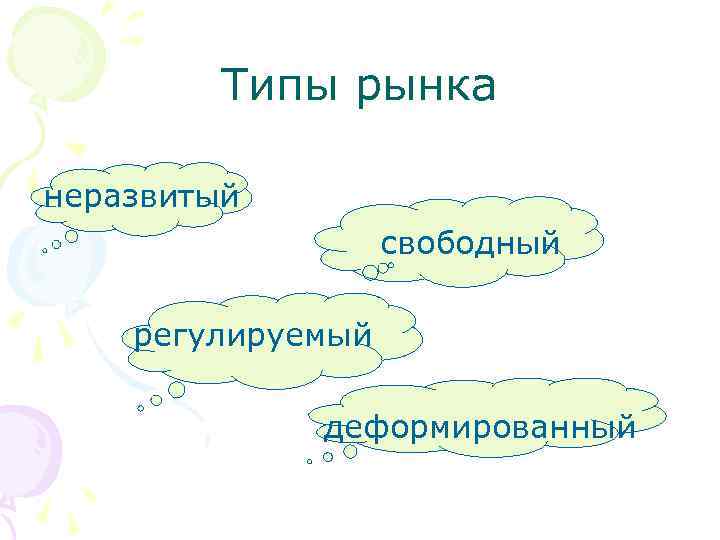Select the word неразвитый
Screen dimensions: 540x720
[140, 196]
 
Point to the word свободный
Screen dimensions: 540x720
[469, 244]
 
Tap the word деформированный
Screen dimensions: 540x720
[479, 428]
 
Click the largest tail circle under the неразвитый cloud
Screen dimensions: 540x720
[71, 237]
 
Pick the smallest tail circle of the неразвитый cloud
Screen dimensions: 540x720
[44, 252]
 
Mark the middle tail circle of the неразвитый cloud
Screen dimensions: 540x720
[56, 243]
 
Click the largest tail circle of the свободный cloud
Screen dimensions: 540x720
[370, 271]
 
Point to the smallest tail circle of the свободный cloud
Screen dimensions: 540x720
[391, 265]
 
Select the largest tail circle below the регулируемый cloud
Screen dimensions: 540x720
[176, 389]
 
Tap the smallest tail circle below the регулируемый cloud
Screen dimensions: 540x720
[140, 409]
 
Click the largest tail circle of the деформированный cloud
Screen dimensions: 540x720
[350, 451]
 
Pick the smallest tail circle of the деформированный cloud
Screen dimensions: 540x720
[310, 463]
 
